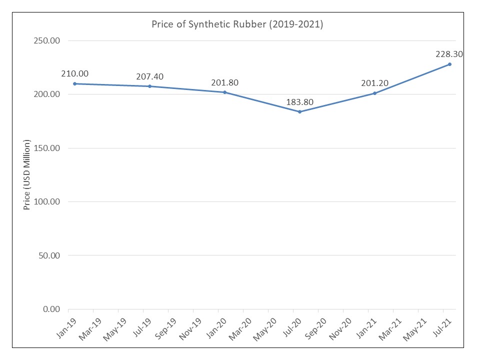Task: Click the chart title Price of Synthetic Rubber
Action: point(237,24)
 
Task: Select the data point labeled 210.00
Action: point(74,83)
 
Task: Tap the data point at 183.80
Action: point(299,111)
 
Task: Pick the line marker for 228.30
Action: point(449,64)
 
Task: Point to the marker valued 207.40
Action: point(149,86)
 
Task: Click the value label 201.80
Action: point(224,82)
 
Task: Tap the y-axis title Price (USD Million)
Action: point(27,175)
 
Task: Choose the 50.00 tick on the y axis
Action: point(48,255)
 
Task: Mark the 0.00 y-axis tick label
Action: point(50,309)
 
